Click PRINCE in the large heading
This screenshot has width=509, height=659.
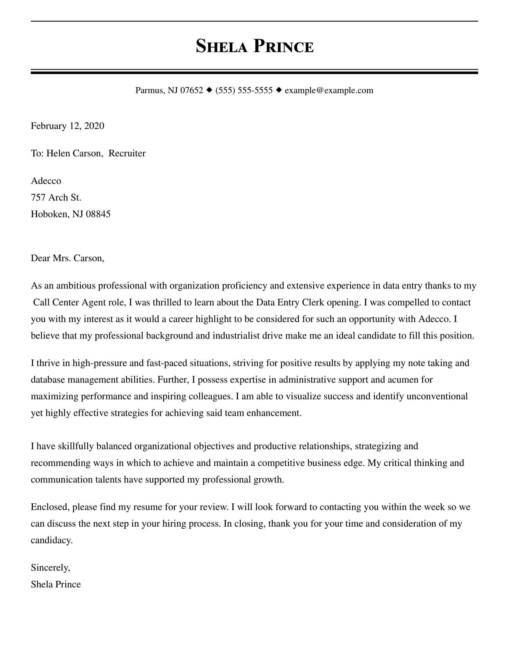284,47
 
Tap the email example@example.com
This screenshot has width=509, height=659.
329,90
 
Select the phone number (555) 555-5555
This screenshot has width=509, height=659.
244,90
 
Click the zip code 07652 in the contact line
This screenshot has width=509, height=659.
192,90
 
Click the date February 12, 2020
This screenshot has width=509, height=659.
67,126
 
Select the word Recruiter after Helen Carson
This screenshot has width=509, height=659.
127,153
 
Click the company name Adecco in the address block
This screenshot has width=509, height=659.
46,181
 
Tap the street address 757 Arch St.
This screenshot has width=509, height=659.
56,197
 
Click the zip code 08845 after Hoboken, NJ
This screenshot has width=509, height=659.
98,214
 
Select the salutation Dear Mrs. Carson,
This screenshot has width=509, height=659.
67,258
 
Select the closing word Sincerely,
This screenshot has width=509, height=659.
50,568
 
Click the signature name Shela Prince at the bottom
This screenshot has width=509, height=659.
56,584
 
